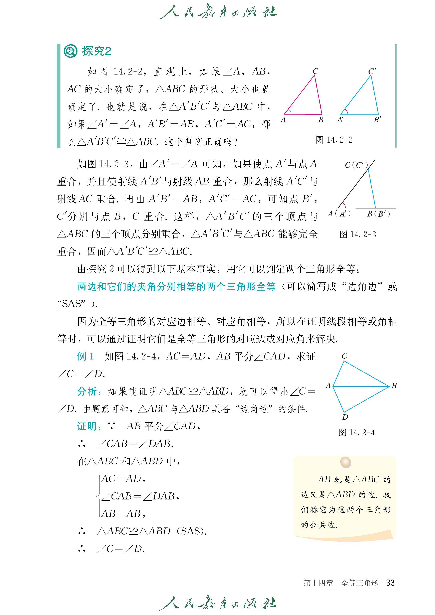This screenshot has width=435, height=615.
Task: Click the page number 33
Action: coord(390,583)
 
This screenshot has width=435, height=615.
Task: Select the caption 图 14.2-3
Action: coord(358,234)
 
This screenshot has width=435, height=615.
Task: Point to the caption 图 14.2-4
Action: coord(357,432)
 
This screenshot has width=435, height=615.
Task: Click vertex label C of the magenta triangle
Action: coord(315,71)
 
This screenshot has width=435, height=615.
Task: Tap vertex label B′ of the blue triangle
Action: coord(377,120)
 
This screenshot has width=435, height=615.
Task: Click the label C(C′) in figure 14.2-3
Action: coord(356,165)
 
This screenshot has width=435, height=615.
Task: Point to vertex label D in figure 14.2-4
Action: coord(345,417)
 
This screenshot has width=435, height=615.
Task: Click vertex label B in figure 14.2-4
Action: coord(394,386)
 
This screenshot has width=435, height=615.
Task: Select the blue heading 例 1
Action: coord(85,356)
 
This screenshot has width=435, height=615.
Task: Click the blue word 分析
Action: coord(87,392)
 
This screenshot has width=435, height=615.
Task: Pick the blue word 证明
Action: coord(87,426)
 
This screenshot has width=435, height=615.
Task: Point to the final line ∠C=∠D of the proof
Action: coord(121,549)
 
